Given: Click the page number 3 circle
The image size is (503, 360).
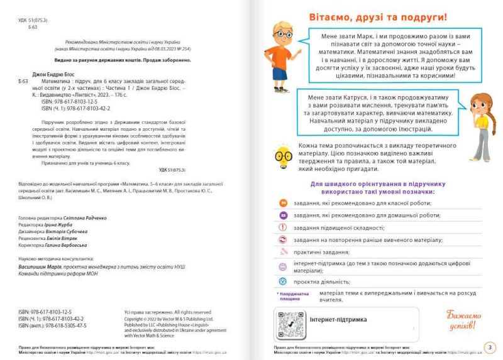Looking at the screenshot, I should [x=490, y=347].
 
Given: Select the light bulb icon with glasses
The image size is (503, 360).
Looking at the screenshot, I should [x=283, y=155].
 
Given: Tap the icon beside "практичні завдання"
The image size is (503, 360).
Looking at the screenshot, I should [x=283, y=253].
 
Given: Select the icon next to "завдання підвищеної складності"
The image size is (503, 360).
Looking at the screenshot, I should [x=283, y=227].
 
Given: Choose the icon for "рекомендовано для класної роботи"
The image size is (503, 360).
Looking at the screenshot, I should [x=283, y=203].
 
